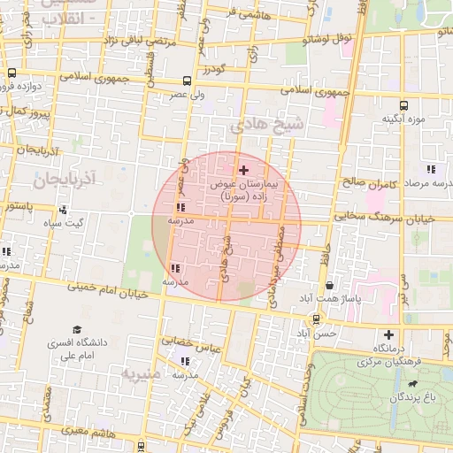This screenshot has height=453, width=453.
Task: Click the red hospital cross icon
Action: [x=244, y=169]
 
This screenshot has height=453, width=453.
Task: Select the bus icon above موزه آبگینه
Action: [x=404, y=105]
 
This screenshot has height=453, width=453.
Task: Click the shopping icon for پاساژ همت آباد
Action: [x=330, y=286]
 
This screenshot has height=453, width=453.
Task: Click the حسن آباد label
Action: [x=317, y=334]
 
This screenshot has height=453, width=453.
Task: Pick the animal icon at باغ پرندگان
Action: [x=412, y=385]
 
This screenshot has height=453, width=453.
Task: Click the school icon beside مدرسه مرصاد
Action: [x=431, y=168]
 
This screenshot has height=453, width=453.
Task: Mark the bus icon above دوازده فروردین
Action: [x=12, y=73]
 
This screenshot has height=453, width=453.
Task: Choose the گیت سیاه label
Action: [x=73, y=223]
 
